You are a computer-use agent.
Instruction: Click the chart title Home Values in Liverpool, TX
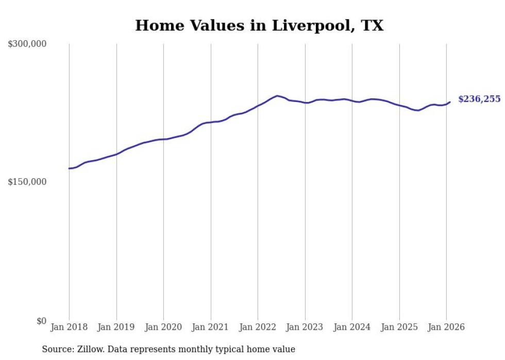point(259,26)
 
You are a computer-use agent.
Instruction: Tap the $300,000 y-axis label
point(27,44)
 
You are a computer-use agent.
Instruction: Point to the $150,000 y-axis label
point(27,182)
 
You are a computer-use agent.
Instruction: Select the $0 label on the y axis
point(41,321)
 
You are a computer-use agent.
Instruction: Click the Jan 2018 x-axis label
point(69,327)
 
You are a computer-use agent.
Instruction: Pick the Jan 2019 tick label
point(116,327)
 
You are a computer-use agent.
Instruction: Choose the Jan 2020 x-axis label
point(163,327)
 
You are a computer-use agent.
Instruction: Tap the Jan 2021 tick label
point(211,327)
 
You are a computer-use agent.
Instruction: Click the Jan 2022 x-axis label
point(258,327)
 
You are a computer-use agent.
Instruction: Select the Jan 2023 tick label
point(305,327)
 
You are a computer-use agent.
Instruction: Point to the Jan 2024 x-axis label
point(352,327)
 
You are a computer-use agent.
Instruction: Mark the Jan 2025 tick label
point(399,327)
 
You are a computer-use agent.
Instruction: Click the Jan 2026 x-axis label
point(446,327)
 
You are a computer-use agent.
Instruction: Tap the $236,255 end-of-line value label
point(479,99)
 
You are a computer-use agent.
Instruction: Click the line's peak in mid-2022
point(277,96)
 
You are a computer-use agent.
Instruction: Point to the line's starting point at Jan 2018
point(69,168)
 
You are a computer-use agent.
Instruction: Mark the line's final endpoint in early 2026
point(450,102)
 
